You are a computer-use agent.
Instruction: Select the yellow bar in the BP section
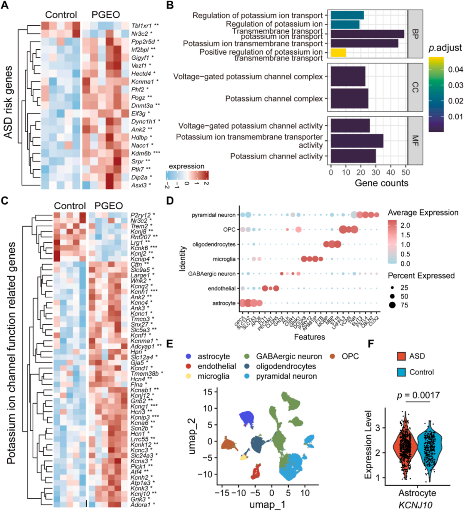point(338,52)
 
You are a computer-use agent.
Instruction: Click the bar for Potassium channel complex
point(349,99)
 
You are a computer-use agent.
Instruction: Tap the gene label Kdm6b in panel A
point(141,153)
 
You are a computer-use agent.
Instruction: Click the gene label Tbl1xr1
point(142,26)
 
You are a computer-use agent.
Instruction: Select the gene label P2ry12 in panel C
point(140,215)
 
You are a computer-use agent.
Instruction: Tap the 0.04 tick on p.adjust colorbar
point(455,70)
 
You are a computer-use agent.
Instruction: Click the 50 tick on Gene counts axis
point(406,172)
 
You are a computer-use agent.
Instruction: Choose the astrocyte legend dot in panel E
point(189,356)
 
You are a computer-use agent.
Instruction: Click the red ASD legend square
point(401,356)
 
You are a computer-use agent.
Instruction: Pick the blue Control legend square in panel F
point(401,372)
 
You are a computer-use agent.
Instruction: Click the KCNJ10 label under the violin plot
point(417,504)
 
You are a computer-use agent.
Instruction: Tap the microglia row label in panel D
point(224,259)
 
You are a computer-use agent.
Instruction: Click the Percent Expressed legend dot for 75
point(393,305)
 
